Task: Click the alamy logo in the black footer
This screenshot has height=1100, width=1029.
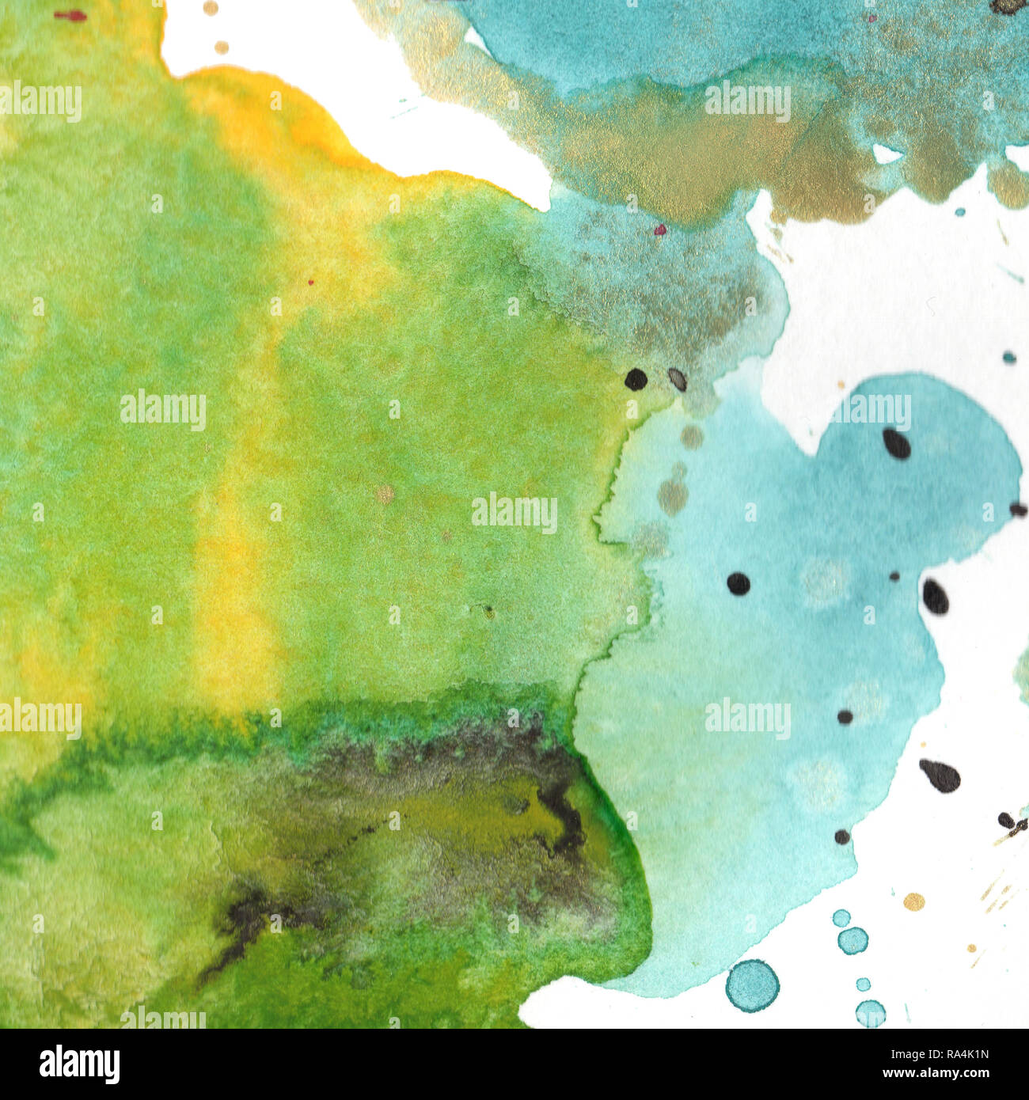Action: (x=79, y=1064)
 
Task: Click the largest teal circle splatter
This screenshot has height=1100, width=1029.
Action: (x=752, y=985)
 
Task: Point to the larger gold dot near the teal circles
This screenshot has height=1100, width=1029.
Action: (x=913, y=901)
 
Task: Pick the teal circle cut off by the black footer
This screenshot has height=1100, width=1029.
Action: (x=870, y=1014)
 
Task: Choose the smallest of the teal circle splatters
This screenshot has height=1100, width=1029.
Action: (x=863, y=984)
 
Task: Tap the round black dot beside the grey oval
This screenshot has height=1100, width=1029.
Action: (x=636, y=379)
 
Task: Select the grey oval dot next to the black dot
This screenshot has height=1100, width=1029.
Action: (x=677, y=379)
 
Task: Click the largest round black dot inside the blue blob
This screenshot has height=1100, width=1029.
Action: (x=738, y=583)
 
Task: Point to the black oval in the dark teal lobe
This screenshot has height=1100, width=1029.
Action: (x=896, y=443)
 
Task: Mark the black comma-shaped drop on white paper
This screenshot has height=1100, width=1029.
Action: (x=940, y=776)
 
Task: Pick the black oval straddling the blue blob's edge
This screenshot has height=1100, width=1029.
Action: (x=935, y=596)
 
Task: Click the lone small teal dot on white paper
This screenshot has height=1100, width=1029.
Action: (x=1008, y=357)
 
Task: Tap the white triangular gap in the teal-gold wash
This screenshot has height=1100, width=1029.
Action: (x=885, y=154)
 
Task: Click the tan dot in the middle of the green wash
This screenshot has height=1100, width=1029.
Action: (x=385, y=494)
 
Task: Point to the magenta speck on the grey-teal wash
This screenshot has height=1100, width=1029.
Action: (x=660, y=229)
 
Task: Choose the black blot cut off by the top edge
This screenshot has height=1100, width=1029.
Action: (x=1007, y=6)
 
